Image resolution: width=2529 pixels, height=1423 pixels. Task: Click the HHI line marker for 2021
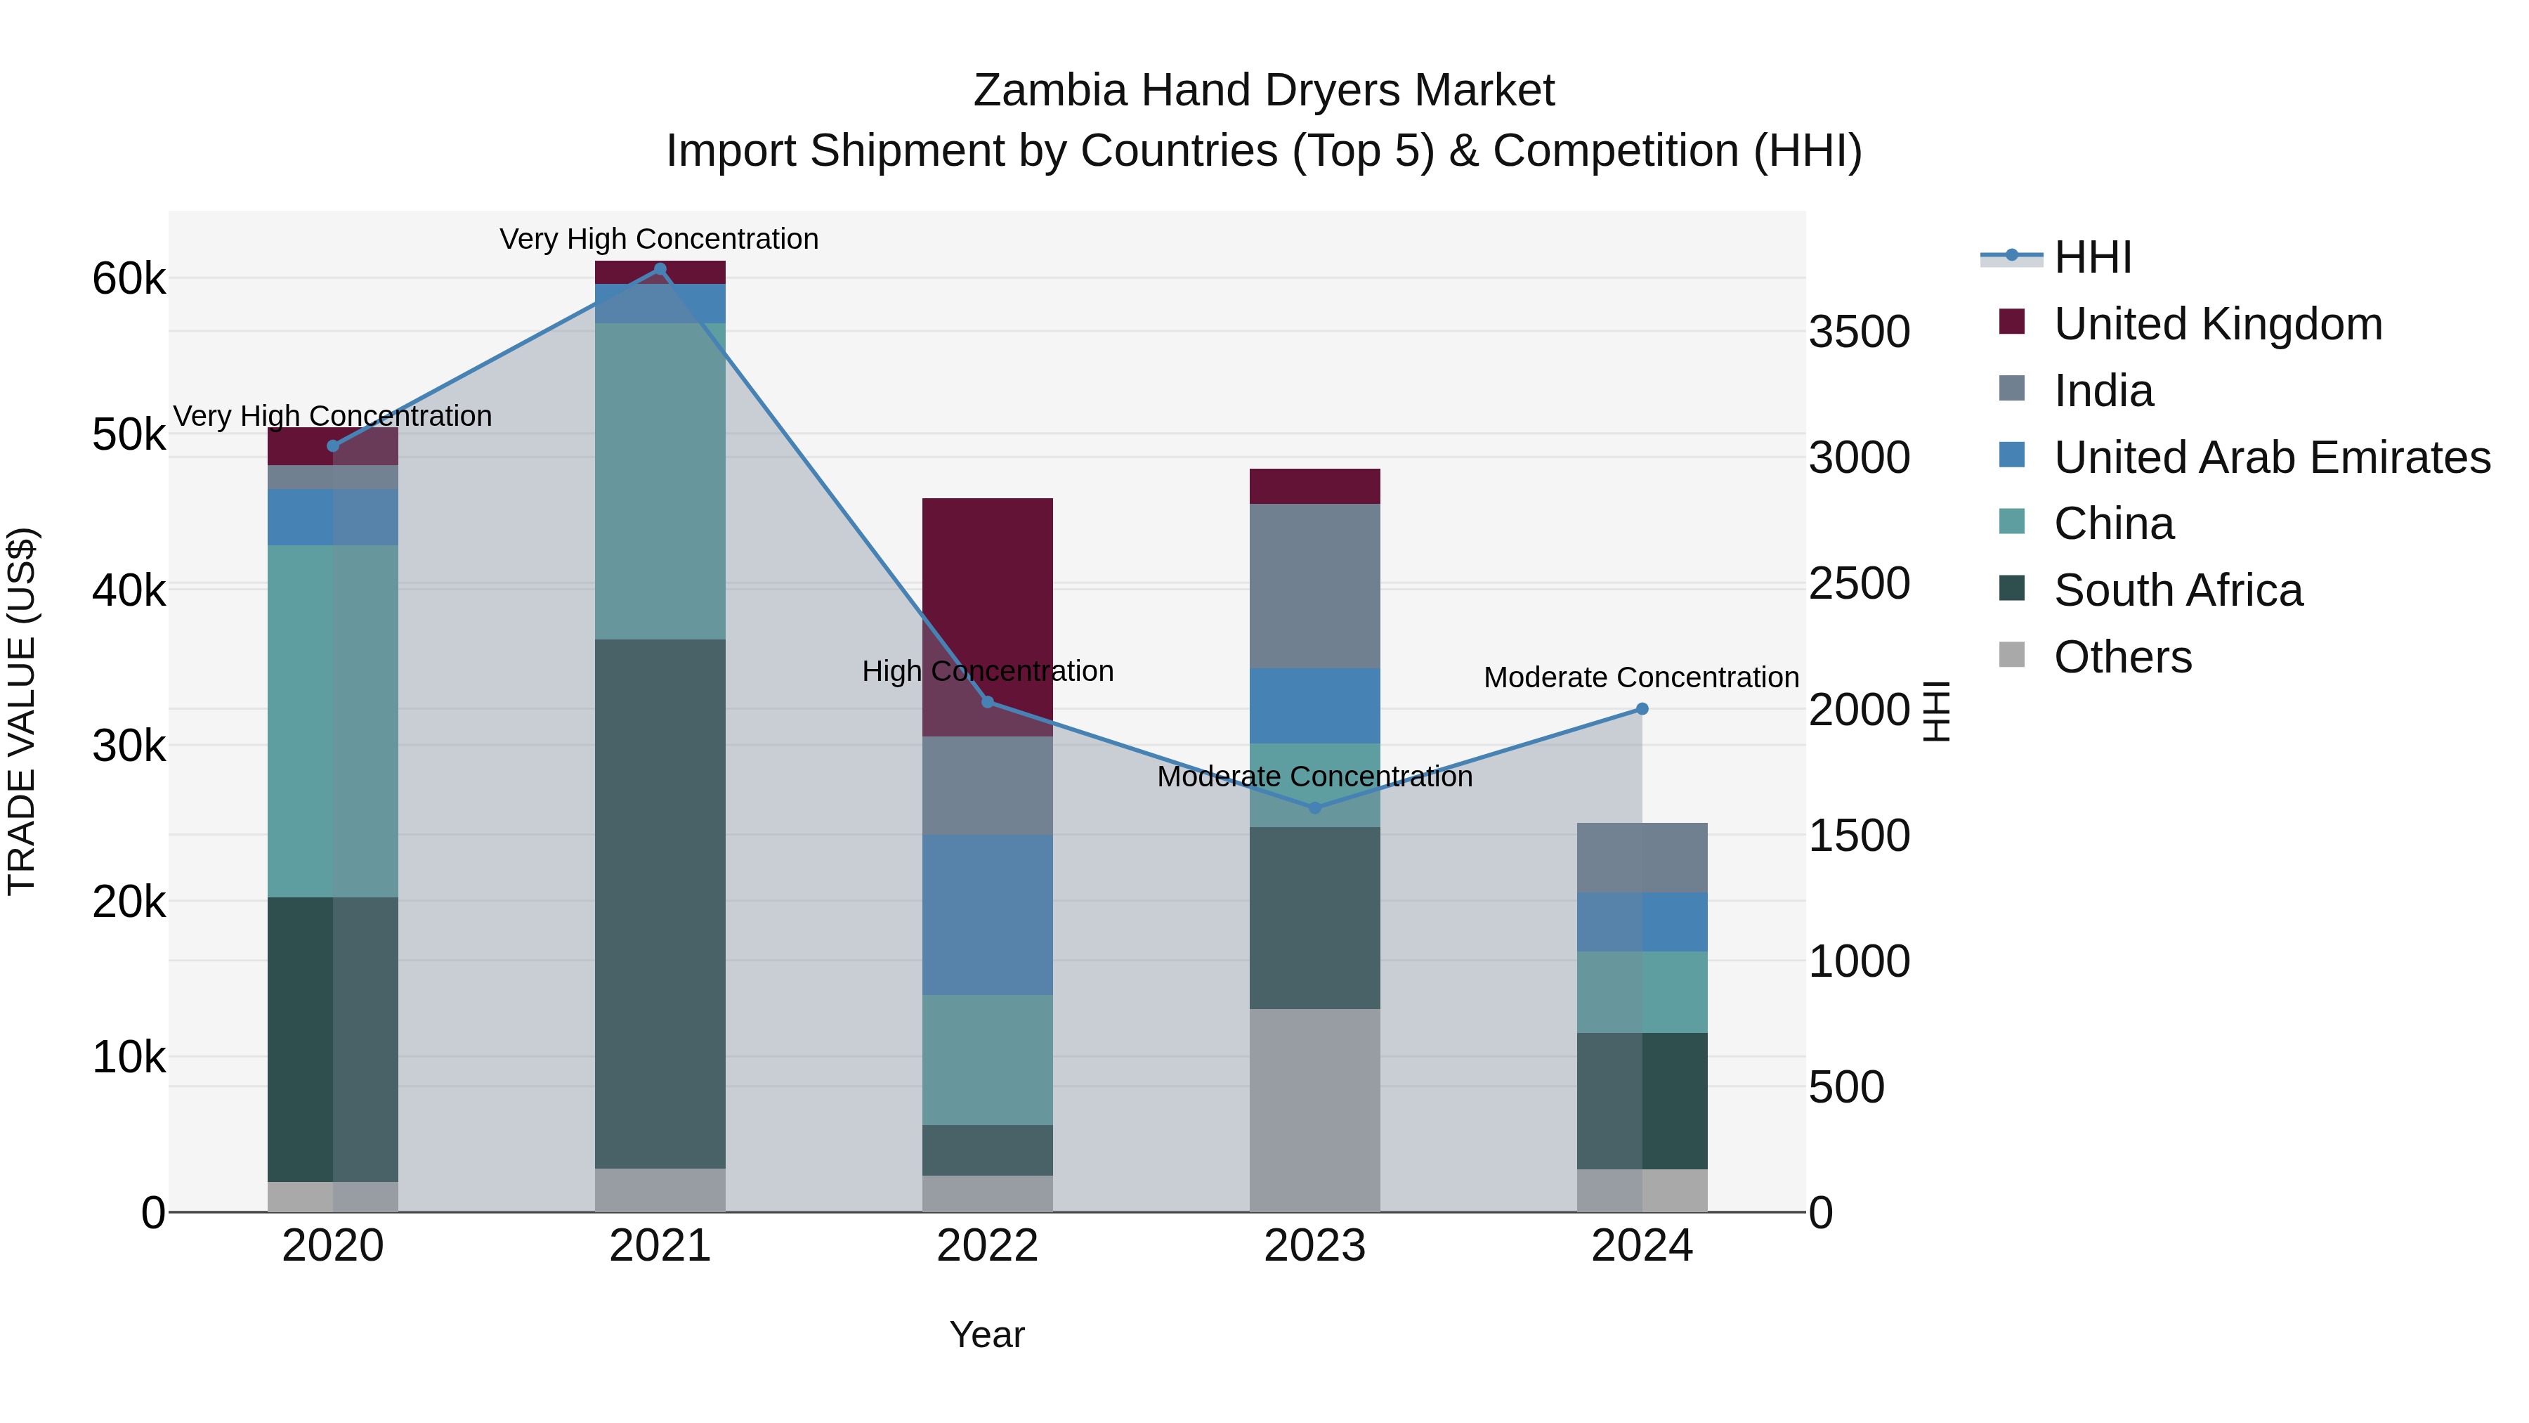[660, 269]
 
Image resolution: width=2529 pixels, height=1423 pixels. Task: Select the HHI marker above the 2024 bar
[1642, 709]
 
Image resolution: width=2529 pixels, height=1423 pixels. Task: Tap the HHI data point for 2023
[1316, 807]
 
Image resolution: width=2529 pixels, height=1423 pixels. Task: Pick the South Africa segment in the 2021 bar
[660, 904]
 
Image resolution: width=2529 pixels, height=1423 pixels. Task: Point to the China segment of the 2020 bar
[333, 721]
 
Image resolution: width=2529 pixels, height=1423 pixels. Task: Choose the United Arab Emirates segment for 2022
[988, 914]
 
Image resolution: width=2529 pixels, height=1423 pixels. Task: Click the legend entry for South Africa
[2178, 590]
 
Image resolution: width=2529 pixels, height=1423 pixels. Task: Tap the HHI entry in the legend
[2092, 257]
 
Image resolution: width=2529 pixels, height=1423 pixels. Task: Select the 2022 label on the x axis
[988, 1246]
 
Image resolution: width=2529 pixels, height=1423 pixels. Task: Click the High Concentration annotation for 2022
[988, 672]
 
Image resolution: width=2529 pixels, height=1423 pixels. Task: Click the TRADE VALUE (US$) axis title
[22, 711]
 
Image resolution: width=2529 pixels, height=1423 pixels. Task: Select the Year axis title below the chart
[987, 1334]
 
